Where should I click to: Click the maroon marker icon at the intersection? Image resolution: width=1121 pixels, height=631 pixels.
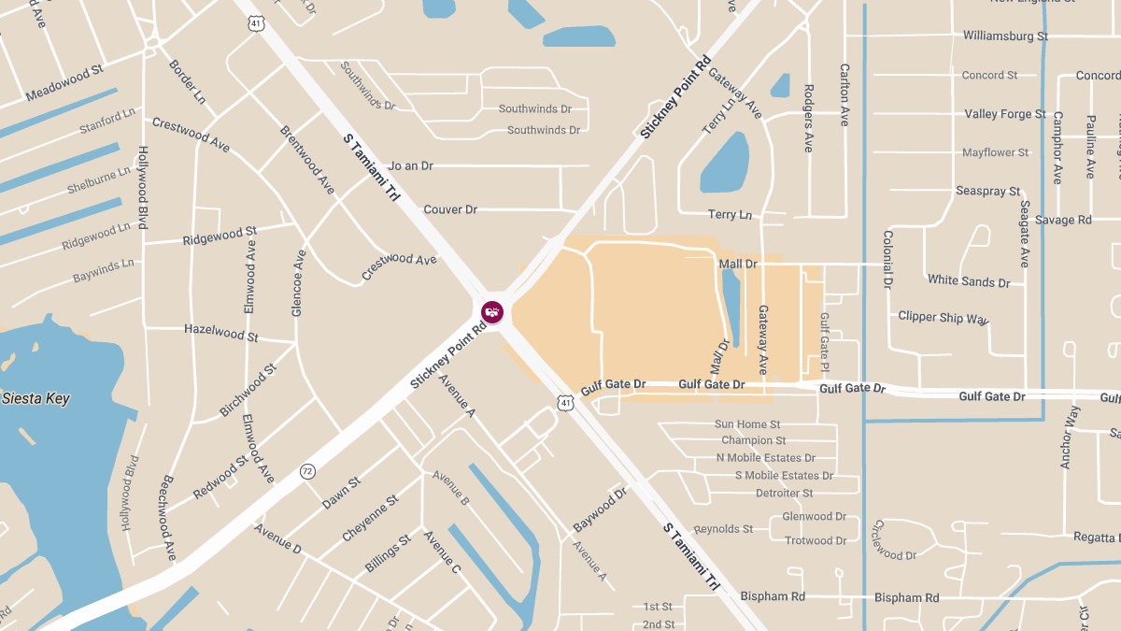point(492,312)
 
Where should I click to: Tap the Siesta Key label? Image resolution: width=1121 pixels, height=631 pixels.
point(35,398)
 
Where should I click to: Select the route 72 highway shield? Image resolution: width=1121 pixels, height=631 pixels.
point(307,471)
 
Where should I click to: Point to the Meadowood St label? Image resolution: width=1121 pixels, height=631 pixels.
point(64,83)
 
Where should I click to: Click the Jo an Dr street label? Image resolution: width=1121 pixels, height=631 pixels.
point(411,165)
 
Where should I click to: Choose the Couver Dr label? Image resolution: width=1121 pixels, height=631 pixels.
point(450,209)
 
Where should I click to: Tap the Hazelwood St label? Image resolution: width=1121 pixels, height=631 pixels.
point(221,332)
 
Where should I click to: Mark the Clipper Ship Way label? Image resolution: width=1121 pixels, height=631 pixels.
point(943,317)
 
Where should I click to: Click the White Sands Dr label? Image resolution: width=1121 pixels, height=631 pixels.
point(969,280)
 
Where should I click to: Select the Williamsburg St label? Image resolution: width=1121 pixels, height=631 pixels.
point(1005,36)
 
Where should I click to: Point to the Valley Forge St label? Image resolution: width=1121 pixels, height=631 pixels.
point(1005,114)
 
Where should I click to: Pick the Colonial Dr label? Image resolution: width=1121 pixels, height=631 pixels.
point(887,259)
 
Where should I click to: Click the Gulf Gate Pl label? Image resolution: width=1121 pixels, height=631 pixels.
point(825,341)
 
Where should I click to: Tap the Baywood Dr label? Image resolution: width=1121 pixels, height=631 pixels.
point(600,510)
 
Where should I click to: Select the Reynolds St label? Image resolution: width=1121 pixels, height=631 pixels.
point(723,529)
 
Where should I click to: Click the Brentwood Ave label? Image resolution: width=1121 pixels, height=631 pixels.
point(307,159)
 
